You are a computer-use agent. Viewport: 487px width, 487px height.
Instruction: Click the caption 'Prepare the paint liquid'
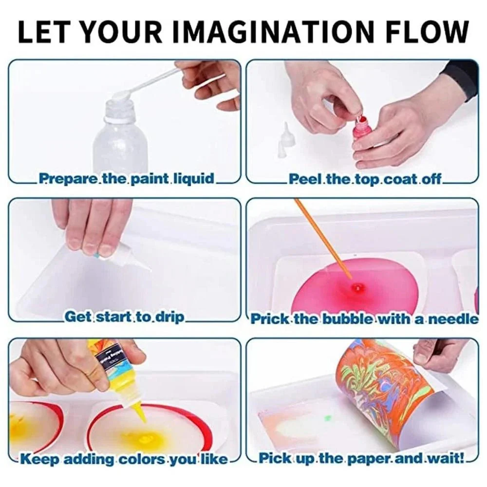[x=127, y=179]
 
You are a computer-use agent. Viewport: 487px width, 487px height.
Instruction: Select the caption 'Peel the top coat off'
[x=365, y=179]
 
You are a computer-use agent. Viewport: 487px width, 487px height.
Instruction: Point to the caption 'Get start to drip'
[x=124, y=317]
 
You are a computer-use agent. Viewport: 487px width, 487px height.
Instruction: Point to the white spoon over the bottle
[x=152, y=85]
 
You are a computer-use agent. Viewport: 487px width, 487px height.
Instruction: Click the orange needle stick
[x=323, y=239]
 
